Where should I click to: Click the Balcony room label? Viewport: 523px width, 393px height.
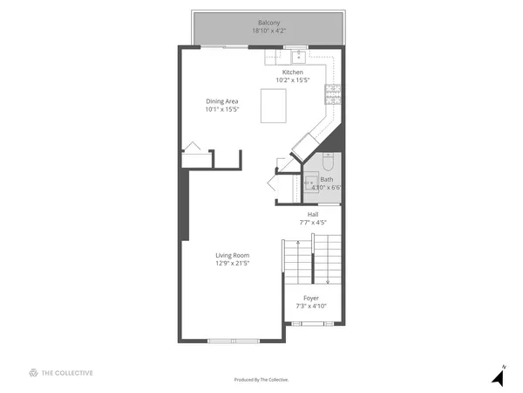click(268, 22)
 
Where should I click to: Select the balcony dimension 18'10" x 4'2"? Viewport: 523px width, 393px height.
click(268, 31)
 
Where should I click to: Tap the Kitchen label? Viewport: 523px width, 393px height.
click(292, 72)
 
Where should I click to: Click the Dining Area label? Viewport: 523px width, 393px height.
click(222, 101)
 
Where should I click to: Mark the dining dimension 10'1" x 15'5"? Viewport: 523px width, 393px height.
click(222, 110)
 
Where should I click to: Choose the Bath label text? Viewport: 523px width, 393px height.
click(326, 179)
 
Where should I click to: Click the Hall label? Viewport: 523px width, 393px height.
click(313, 214)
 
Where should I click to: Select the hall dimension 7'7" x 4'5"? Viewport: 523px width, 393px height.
click(313, 223)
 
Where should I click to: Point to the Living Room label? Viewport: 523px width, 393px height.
click(233, 255)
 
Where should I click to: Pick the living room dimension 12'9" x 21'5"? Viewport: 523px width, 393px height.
click(233, 263)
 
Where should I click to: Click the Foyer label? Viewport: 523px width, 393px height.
click(311, 298)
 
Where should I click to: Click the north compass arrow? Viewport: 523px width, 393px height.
click(499, 377)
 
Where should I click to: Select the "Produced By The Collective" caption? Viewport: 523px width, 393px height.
click(261, 380)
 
